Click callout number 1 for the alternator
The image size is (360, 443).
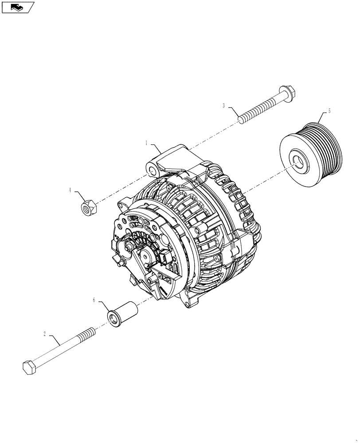[146, 143]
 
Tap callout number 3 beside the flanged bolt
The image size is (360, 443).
[224, 105]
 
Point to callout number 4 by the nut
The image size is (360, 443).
[70, 190]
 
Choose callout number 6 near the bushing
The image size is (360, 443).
[94, 300]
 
